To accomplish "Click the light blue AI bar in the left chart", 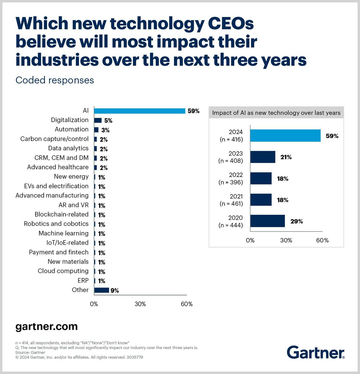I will pyautogui.click(x=139, y=111).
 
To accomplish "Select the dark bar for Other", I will pyautogui.click(x=101, y=290).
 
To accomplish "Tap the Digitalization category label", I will pyautogui.click(x=70, y=120).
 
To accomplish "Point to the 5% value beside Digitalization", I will pyautogui.click(x=108, y=121).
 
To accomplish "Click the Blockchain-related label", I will pyautogui.click(x=61, y=214).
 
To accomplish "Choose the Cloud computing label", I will pyautogui.click(x=63, y=271).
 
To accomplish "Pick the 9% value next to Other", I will pyautogui.click(x=114, y=290).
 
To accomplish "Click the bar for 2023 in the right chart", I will pyautogui.click(x=263, y=157).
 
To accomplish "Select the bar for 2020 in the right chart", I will pyautogui.click(x=267, y=221).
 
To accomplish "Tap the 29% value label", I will pyautogui.click(x=296, y=221).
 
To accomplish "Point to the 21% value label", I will pyautogui.click(x=286, y=157).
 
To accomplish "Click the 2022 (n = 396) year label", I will pyautogui.click(x=231, y=179).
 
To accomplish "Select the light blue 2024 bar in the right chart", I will pyautogui.click(x=285, y=136).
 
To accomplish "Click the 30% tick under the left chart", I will pyautogui.click(x=140, y=304).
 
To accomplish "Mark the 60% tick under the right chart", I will pyautogui.click(x=322, y=240).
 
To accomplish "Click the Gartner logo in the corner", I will pyautogui.click(x=315, y=352).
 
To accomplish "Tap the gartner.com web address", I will pyautogui.click(x=46, y=326).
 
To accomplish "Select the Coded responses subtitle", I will pyautogui.click(x=55, y=80).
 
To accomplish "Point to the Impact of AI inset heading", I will pyautogui.click(x=276, y=113).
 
